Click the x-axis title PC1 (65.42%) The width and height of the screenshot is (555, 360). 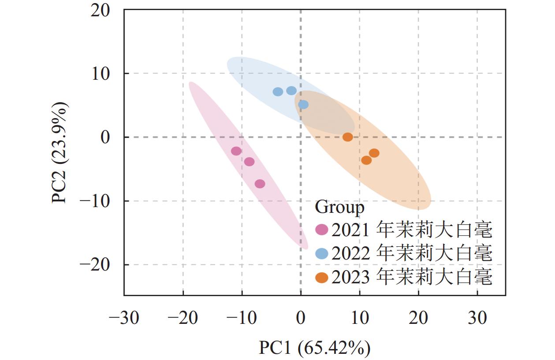314,348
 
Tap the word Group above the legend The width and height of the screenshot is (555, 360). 340,207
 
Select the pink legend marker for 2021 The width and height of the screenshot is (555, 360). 322,230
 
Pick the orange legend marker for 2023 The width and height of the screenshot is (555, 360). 322,278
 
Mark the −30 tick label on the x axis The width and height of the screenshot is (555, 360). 124,318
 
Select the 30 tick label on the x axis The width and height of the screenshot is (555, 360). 477,318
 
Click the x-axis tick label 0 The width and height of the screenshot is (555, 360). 301,318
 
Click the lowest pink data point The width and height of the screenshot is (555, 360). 260,184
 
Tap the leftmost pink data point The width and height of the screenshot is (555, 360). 236,151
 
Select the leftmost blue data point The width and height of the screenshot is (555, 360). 278,92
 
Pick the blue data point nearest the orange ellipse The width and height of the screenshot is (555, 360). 303,104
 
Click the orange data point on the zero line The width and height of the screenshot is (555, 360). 348,137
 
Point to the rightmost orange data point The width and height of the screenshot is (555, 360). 374,153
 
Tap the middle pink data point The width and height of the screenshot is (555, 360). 250,162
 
